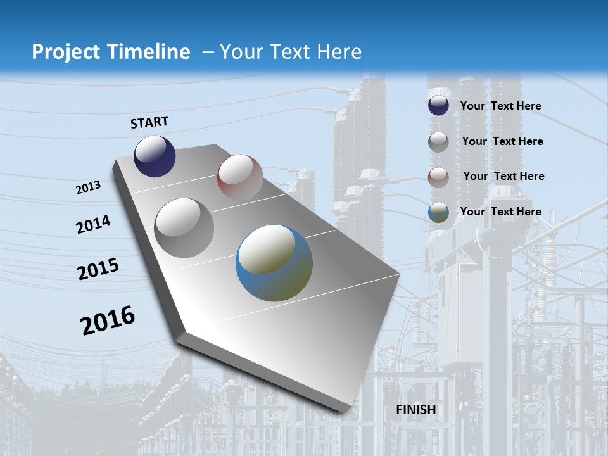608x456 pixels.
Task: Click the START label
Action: click(149, 122)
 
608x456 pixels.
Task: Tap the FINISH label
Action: click(416, 410)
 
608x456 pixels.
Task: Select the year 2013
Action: click(88, 187)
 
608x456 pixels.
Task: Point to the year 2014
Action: click(93, 225)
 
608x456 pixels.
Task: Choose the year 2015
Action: click(98, 269)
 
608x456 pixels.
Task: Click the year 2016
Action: click(108, 320)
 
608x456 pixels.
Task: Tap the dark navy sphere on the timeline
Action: click(155, 156)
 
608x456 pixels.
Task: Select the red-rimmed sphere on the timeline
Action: click(240, 177)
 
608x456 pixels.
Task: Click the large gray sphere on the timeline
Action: click(184, 228)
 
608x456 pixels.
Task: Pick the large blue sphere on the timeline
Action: click(274, 263)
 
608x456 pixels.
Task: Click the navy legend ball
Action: click(438, 106)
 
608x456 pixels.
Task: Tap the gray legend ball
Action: click(438, 142)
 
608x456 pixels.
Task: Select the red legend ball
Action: click(438, 177)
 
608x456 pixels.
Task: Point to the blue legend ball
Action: click(438, 213)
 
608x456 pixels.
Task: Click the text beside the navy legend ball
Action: click(500, 106)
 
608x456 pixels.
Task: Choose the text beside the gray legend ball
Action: click(502, 141)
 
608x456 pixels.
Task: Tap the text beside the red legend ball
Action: click(503, 176)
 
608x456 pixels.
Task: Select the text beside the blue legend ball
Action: click(500, 212)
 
